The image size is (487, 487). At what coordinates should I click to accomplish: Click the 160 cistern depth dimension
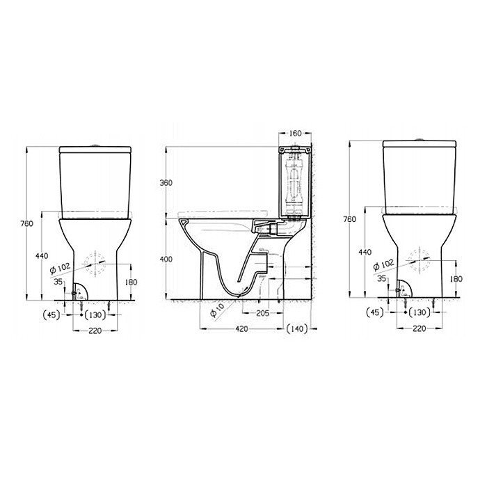[x=295, y=134]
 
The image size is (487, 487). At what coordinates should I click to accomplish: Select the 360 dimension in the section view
[x=166, y=182]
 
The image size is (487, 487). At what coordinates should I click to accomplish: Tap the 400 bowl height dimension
[x=166, y=259]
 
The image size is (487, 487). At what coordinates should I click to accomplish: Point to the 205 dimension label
[x=263, y=313]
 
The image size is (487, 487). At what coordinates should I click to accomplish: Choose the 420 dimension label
[x=241, y=328]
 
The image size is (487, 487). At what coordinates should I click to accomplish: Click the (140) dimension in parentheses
[x=297, y=328]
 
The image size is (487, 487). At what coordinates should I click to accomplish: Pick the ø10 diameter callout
[x=217, y=310]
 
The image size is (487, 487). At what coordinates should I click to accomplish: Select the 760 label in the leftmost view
[x=26, y=223]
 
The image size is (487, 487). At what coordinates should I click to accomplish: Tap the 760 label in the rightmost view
[x=350, y=219]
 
